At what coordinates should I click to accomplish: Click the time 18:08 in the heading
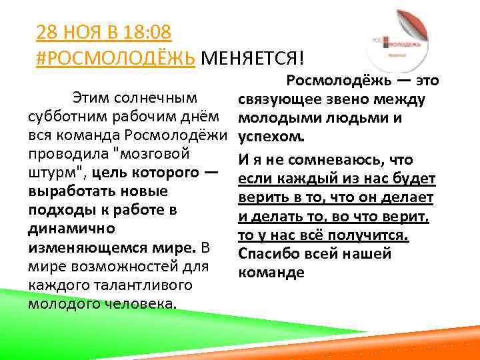click(147, 33)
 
